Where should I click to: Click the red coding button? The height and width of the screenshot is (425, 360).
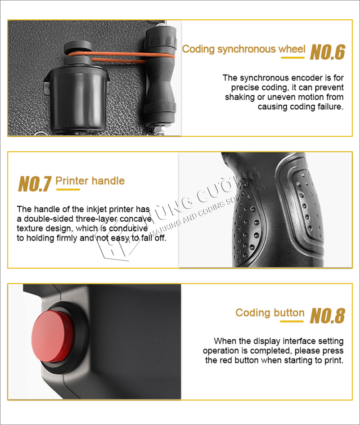click(53, 336)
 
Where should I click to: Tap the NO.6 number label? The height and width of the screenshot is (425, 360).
click(328, 52)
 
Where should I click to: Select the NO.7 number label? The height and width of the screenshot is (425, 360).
click(35, 184)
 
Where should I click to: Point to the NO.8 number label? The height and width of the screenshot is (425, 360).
click(328, 316)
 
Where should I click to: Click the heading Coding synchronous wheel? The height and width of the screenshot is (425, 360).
click(243, 49)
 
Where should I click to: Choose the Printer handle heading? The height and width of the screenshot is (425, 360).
click(90, 181)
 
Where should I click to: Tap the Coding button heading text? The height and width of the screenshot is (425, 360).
click(270, 313)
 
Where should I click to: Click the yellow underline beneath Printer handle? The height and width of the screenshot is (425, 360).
click(68, 189)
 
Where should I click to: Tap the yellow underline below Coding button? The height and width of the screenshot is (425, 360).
click(292, 322)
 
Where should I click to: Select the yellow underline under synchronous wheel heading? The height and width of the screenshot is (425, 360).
click(292, 58)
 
